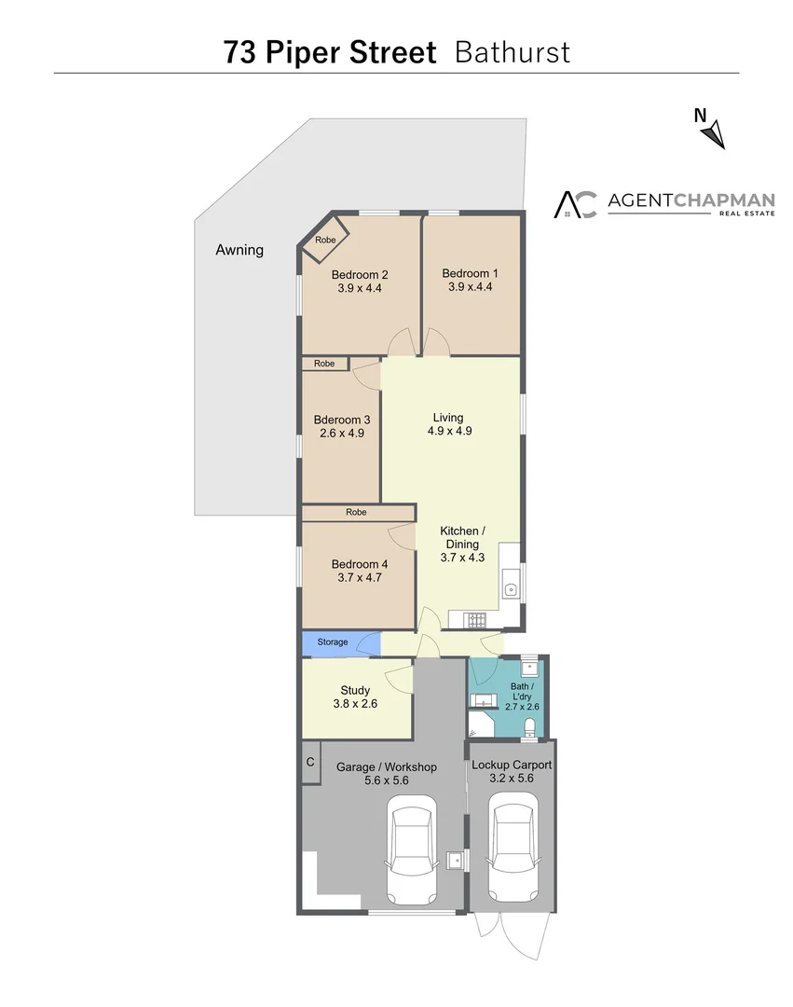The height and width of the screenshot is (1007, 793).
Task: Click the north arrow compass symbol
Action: click(x=713, y=134)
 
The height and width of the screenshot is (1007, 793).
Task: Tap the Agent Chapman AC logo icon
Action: click(x=575, y=204)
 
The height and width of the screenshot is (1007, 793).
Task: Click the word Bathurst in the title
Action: click(x=512, y=52)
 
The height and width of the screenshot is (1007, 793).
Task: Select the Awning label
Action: click(x=239, y=250)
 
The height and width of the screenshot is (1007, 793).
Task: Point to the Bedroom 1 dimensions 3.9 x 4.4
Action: click(x=470, y=287)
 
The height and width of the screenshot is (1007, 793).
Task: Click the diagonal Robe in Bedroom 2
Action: click(x=324, y=241)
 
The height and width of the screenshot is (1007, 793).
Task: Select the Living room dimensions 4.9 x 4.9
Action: click(x=448, y=432)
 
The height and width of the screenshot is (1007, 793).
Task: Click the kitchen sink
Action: click(x=510, y=589)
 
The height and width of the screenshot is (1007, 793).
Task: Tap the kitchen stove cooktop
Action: click(x=475, y=618)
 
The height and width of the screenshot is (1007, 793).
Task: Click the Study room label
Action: click(x=355, y=691)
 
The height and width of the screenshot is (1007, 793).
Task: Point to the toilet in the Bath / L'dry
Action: click(x=529, y=726)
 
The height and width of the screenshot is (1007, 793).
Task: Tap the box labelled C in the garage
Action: click(x=310, y=763)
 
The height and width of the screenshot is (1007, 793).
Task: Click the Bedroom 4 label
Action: click(x=360, y=564)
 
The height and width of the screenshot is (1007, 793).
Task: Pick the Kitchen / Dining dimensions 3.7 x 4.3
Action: click(x=462, y=558)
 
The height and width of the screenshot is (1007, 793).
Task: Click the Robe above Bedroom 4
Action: click(x=356, y=513)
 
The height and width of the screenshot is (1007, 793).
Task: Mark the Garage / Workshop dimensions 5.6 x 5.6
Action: click(x=387, y=780)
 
